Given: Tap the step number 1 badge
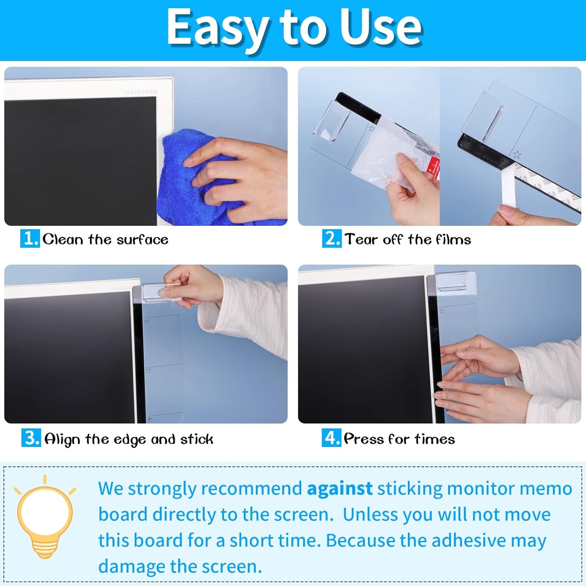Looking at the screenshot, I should click(x=30, y=238).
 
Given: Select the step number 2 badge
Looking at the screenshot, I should click(x=332, y=238).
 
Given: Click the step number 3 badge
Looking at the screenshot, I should click(x=31, y=438).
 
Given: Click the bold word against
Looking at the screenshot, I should click(x=339, y=488).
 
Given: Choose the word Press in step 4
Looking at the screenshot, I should click(x=364, y=439).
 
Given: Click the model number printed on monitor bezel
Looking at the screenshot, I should click(x=141, y=92).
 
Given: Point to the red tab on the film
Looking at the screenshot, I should click(x=435, y=168).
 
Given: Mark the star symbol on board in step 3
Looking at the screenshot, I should click(x=147, y=322).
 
